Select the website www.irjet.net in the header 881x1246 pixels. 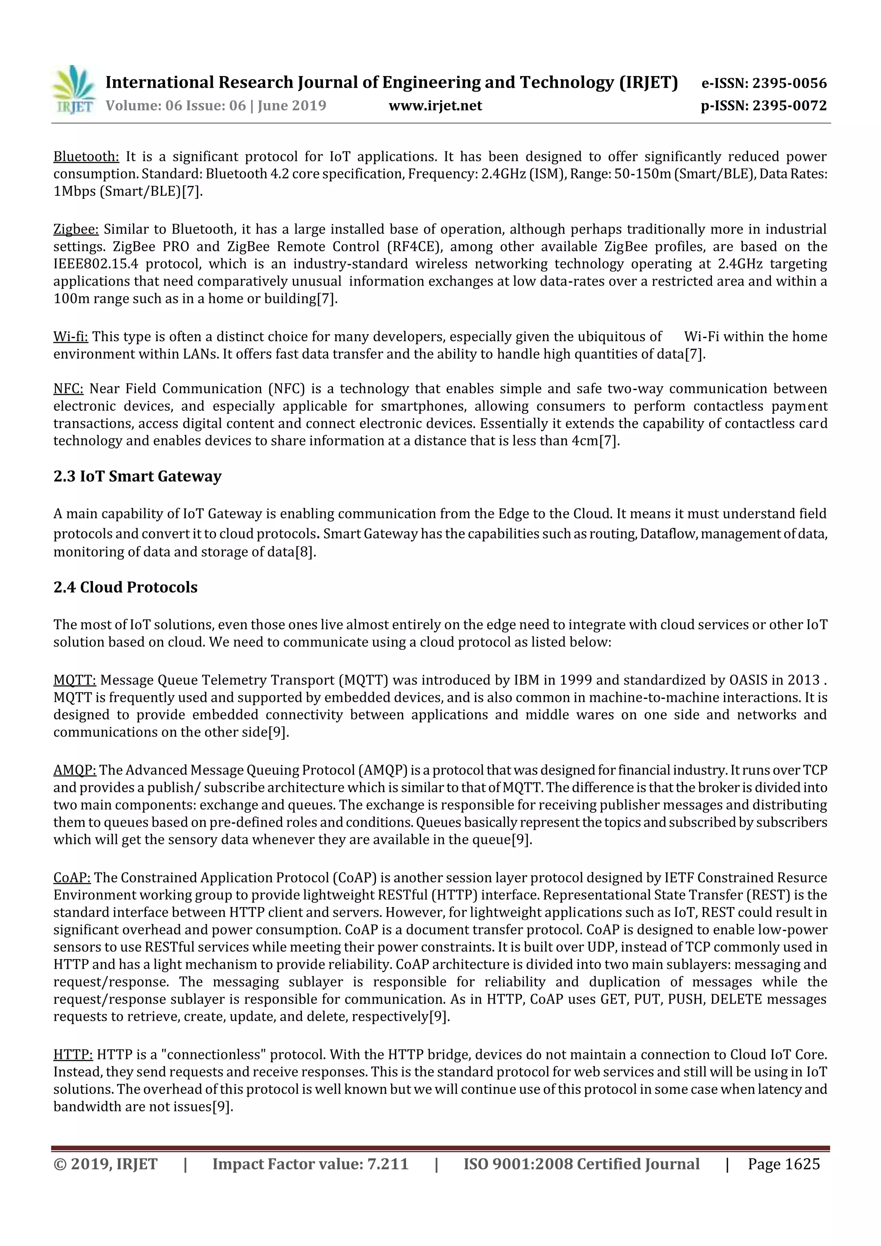pos(435,105)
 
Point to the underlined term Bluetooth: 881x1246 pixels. pos(86,157)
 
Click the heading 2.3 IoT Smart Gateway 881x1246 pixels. pos(137,476)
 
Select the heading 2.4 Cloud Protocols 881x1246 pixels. pos(125,587)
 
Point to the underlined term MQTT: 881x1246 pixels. pos(75,680)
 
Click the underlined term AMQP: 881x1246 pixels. pos(75,770)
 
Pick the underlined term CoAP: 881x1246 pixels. pos(72,877)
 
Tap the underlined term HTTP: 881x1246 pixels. pos(73,1055)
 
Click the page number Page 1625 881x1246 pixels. pos(783,1163)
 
